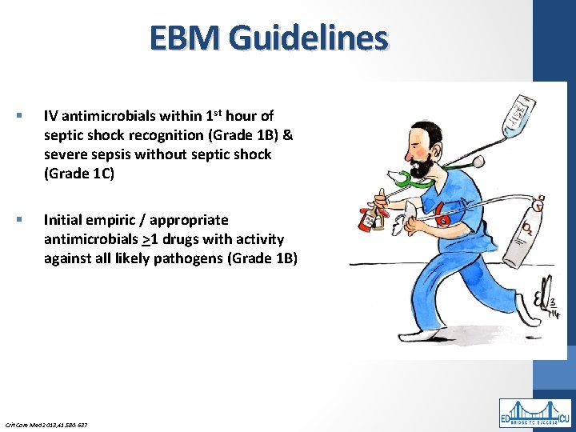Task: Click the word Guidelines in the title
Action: (308, 38)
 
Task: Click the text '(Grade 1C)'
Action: (79, 174)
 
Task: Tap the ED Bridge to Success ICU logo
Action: (535, 413)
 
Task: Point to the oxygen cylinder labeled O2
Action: (528, 236)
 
